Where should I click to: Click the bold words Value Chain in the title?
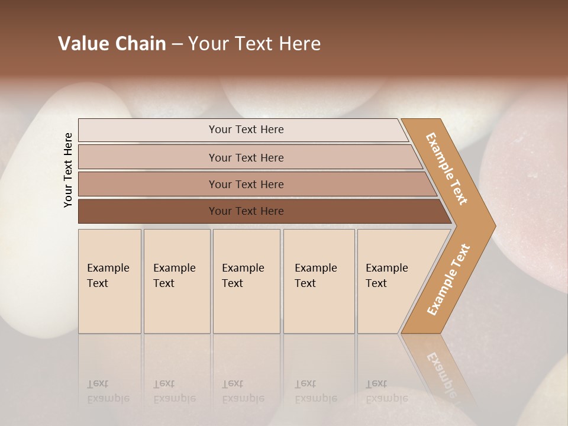112,44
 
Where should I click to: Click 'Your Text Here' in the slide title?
254,44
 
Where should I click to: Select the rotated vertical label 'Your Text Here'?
68,170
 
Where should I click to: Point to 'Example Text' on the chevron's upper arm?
447,169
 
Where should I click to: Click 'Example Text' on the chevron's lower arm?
448,280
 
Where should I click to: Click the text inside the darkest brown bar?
246,211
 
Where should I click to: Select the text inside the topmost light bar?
246,130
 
